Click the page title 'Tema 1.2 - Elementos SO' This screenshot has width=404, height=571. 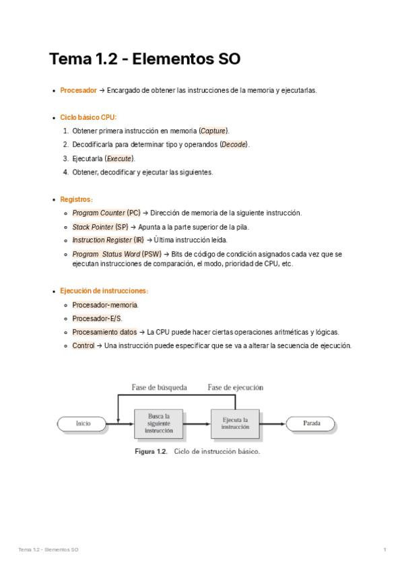tap(144, 59)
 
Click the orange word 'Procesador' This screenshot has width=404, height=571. tap(78, 90)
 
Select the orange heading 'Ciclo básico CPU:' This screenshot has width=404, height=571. tap(88, 117)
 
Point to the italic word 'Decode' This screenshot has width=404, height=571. tap(234, 145)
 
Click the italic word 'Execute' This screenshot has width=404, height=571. tap(119, 158)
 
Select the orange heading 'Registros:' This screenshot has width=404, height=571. tap(76, 199)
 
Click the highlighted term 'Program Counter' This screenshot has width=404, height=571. tap(98, 213)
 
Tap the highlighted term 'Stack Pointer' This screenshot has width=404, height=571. tap(93, 227)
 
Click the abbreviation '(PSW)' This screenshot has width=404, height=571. tap(151, 254)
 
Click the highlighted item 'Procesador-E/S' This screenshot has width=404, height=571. tap(97, 318)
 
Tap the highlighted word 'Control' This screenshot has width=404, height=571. tap(83, 345)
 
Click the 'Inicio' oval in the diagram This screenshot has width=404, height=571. tap(83, 424)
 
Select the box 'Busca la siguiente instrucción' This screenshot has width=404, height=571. tap(159, 424)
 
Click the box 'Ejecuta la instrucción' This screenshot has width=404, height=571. tap(235, 424)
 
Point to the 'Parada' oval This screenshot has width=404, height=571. tap(311, 424)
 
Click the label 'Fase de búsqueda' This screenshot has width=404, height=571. tap(159, 387)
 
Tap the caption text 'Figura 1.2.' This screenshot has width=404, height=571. tap(150, 452)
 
